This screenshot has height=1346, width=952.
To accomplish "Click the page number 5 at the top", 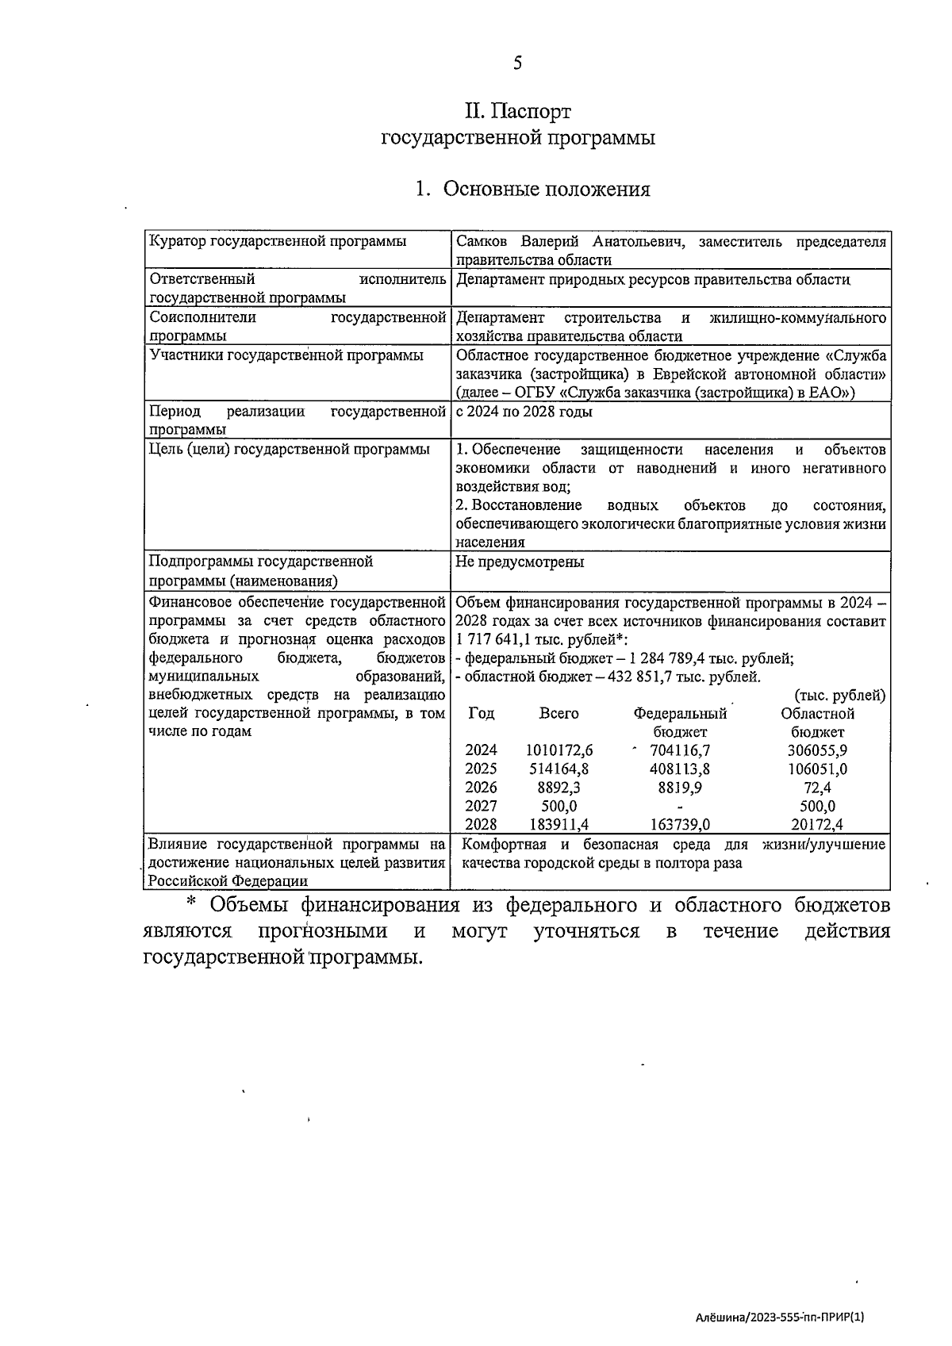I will click(517, 63).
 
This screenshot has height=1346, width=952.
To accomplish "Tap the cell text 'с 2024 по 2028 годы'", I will click(524, 412).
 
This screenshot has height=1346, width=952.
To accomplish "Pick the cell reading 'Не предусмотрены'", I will click(520, 562).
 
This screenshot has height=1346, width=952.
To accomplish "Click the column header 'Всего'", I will click(559, 713).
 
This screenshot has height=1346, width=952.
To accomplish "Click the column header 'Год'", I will click(481, 713).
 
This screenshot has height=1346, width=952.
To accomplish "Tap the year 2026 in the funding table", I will click(481, 788).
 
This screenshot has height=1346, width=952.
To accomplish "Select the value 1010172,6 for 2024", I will click(559, 750).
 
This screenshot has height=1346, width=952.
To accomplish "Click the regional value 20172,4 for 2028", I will click(817, 825).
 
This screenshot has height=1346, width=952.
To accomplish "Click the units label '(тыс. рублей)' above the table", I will click(839, 696).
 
